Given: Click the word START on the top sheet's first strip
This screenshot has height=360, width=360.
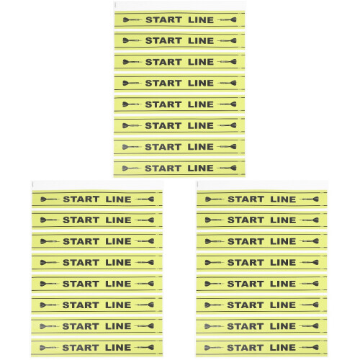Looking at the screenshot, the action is point(163,19).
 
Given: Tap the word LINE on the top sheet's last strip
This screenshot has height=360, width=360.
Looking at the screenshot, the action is point(200,168).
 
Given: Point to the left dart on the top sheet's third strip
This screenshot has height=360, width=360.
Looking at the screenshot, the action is point(131,62).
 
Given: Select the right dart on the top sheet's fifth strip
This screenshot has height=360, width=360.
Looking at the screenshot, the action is point(228,104).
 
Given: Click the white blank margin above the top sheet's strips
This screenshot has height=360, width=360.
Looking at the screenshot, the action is point(179,6).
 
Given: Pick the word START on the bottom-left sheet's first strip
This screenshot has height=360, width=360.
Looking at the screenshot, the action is point(81,199).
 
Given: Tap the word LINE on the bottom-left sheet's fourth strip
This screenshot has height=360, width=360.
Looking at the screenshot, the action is point(118,262).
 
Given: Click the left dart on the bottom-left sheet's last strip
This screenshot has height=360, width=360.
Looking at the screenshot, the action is point(48,347).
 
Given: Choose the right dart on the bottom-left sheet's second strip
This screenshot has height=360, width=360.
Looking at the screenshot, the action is point(145,220).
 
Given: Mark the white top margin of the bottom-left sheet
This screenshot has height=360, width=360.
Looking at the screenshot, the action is point(97,186).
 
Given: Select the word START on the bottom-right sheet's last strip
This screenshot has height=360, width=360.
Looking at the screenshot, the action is point(246,347).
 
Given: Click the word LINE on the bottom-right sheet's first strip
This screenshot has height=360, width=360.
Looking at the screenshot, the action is point(283,199).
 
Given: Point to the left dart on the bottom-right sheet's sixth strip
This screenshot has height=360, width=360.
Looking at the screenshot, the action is point(213,305).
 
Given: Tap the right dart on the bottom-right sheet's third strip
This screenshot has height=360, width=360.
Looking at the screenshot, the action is point(310,241).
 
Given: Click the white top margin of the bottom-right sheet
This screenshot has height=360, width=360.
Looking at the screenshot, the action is point(262,186).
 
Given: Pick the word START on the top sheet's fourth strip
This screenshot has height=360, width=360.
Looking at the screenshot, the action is point(163,83).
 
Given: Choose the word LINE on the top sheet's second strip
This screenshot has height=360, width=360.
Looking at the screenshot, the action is point(201,40).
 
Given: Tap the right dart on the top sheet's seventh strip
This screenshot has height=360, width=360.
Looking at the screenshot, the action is point(228,147).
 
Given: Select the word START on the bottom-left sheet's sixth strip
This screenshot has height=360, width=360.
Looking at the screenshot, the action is point(81,305).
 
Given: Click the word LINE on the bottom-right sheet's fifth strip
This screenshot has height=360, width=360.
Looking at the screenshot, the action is point(283,284).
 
